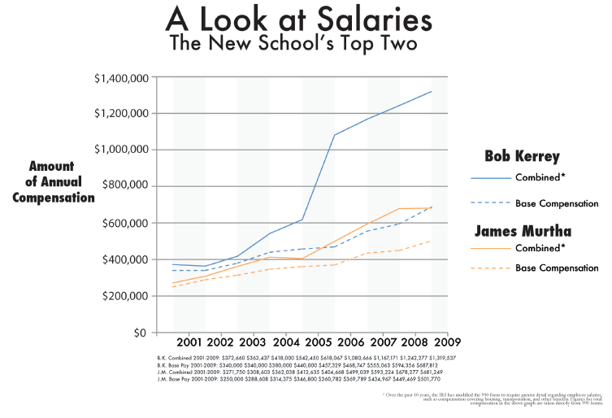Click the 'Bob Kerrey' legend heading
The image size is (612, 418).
pyautogui.click(x=522, y=156)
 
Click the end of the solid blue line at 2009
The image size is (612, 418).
pyautogui.click(x=432, y=91)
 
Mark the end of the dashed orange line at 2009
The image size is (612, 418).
pyautogui.click(x=432, y=241)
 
